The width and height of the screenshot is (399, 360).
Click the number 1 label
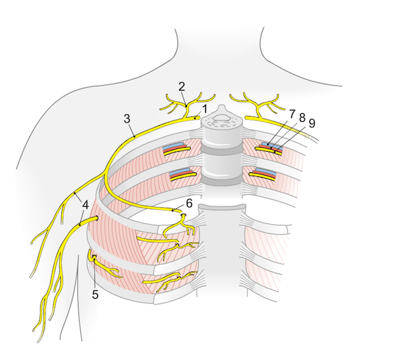[205, 108]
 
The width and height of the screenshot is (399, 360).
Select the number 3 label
[126, 118]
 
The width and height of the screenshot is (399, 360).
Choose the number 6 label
[189, 202]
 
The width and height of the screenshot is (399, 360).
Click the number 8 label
[302, 118]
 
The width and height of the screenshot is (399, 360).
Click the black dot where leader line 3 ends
[134, 137]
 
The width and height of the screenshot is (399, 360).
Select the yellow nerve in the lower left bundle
[183, 178]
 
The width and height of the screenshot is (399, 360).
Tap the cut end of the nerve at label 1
[198, 117]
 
